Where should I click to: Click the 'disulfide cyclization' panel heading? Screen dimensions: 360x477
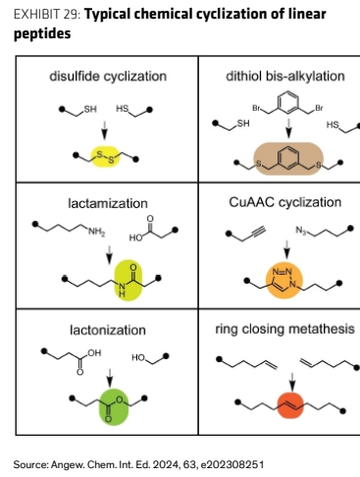click(x=108, y=77)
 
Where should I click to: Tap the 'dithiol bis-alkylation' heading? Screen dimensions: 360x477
click(x=285, y=76)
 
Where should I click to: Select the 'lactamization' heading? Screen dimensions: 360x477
click(x=108, y=203)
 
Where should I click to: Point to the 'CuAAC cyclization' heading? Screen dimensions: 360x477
click(x=284, y=202)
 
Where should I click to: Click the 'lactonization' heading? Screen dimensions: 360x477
click(x=108, y=330)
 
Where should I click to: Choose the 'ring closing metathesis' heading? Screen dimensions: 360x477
click(x=284, y=329)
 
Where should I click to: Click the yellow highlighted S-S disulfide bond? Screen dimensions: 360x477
click(x=105, y=157)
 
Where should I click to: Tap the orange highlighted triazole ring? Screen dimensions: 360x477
click(x=284, y=280)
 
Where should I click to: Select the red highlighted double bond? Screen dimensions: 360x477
click(x=290, y=404)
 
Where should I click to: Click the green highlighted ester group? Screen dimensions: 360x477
click(x=114, y=407)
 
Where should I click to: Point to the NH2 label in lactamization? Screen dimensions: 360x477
click(x=96, y=232)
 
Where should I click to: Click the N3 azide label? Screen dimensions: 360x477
click(x=301, y=231)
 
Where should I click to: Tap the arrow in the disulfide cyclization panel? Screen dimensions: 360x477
click(x=104, y=130)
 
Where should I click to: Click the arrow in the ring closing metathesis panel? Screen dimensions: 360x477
click(x=292, y=382)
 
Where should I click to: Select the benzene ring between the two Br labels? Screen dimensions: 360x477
click(x=288, y=103)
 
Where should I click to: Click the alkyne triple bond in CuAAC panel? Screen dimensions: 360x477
click(x=258, y=233)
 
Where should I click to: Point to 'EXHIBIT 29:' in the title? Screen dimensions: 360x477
click(x=47, y=15)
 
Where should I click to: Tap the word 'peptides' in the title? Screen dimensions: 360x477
click(x=42, y=33)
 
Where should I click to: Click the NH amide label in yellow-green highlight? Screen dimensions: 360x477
click(x=122, y=290)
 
